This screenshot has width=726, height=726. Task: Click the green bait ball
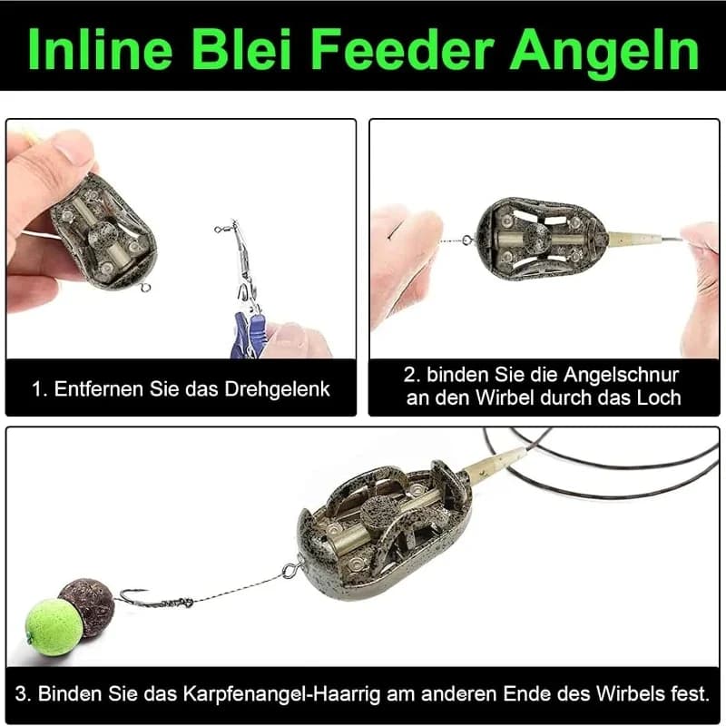pos(52,625)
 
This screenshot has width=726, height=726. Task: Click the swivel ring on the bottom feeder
pos(291,572)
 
